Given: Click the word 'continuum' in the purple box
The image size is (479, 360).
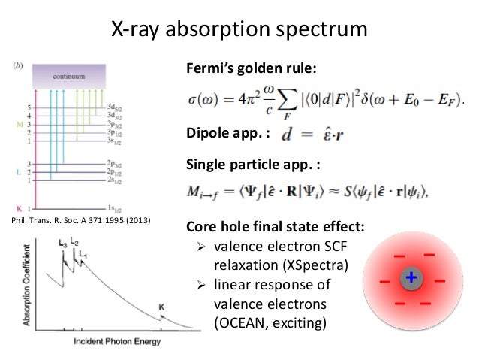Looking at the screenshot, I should (74, 77).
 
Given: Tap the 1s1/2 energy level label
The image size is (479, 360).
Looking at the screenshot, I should (115, 207).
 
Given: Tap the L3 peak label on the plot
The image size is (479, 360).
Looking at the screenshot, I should (62, 244).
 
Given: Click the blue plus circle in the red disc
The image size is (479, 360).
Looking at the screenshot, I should (411, 280).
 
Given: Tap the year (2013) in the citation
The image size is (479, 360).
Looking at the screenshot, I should (137, 220).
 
